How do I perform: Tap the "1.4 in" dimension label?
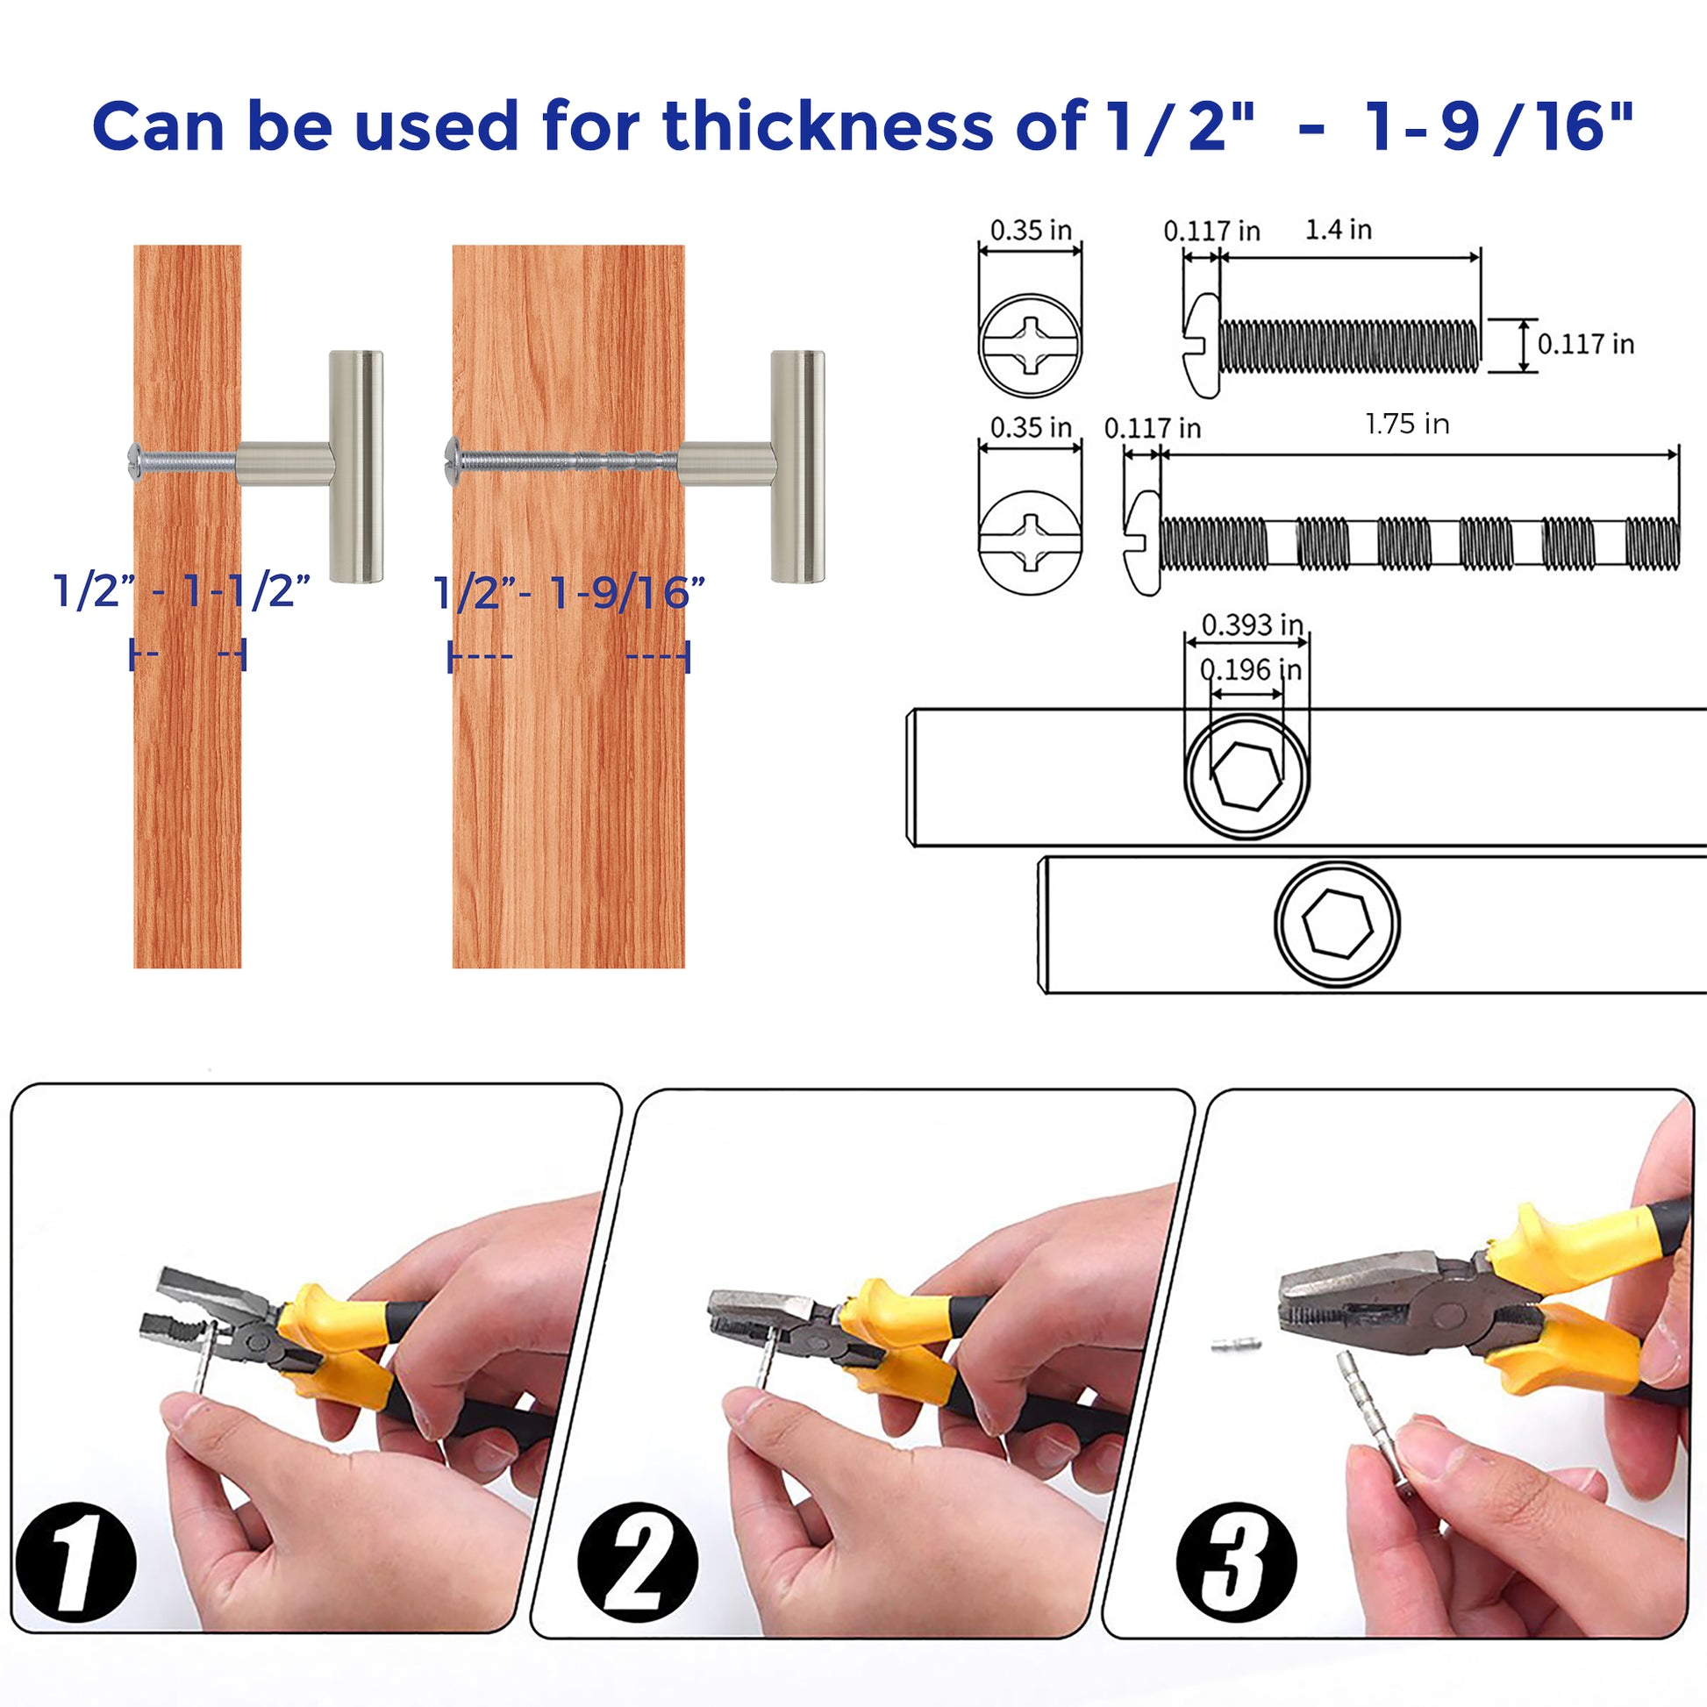point(1339,230)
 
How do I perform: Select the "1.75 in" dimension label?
point(1407,424)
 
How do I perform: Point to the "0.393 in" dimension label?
point(1252,625)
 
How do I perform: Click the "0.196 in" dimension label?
point(1250,668)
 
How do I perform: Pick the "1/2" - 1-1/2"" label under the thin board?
point(182,590)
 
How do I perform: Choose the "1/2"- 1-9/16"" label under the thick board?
point(569,592)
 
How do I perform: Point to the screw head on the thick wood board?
point(453,459)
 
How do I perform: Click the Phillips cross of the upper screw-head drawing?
point(1030,345)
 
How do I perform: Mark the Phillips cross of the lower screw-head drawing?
point(1030,541)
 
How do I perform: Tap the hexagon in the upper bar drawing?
point(1246,775)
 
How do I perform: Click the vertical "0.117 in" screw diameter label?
point(1586,344)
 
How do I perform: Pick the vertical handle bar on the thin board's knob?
point(356,467)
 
